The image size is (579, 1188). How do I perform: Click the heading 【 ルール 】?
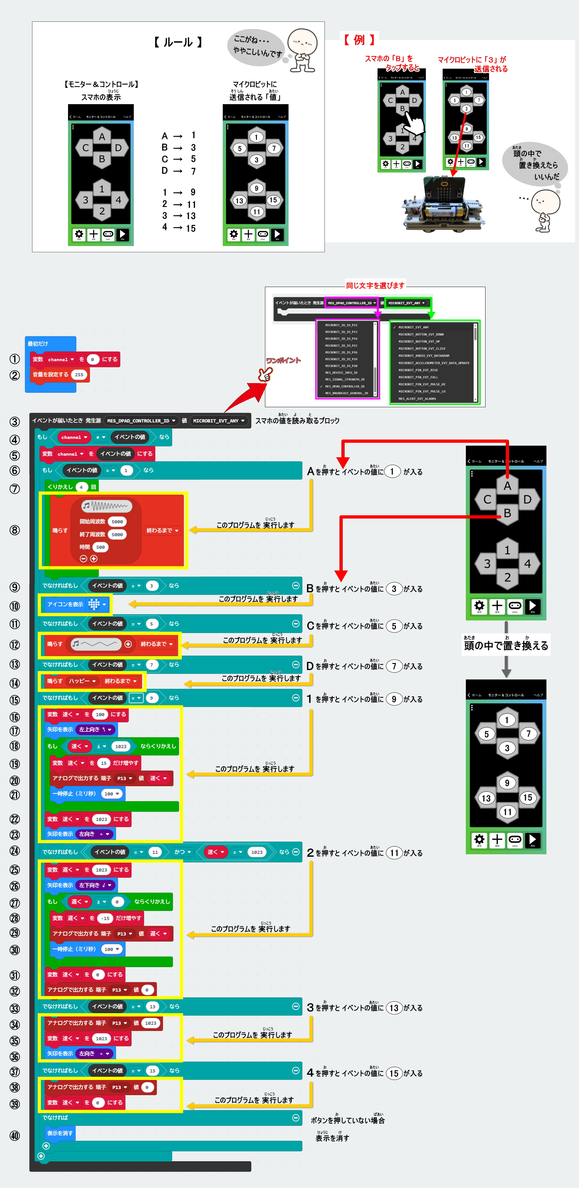(178, 43)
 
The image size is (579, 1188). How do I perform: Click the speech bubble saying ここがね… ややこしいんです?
(255, 46)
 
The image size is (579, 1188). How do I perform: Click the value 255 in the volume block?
(79, 374)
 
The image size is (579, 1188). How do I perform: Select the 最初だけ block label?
(38, 343)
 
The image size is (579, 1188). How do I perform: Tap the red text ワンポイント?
(283, 360)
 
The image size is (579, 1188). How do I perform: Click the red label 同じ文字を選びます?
(375, 285)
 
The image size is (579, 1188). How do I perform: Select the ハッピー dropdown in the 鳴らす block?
(82, 681)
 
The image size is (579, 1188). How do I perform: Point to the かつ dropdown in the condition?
(182, 852)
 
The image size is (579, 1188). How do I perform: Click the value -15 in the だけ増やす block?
(105, 918)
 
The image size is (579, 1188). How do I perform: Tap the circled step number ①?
(15, 359)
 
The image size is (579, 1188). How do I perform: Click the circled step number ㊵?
(15, 1135)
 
